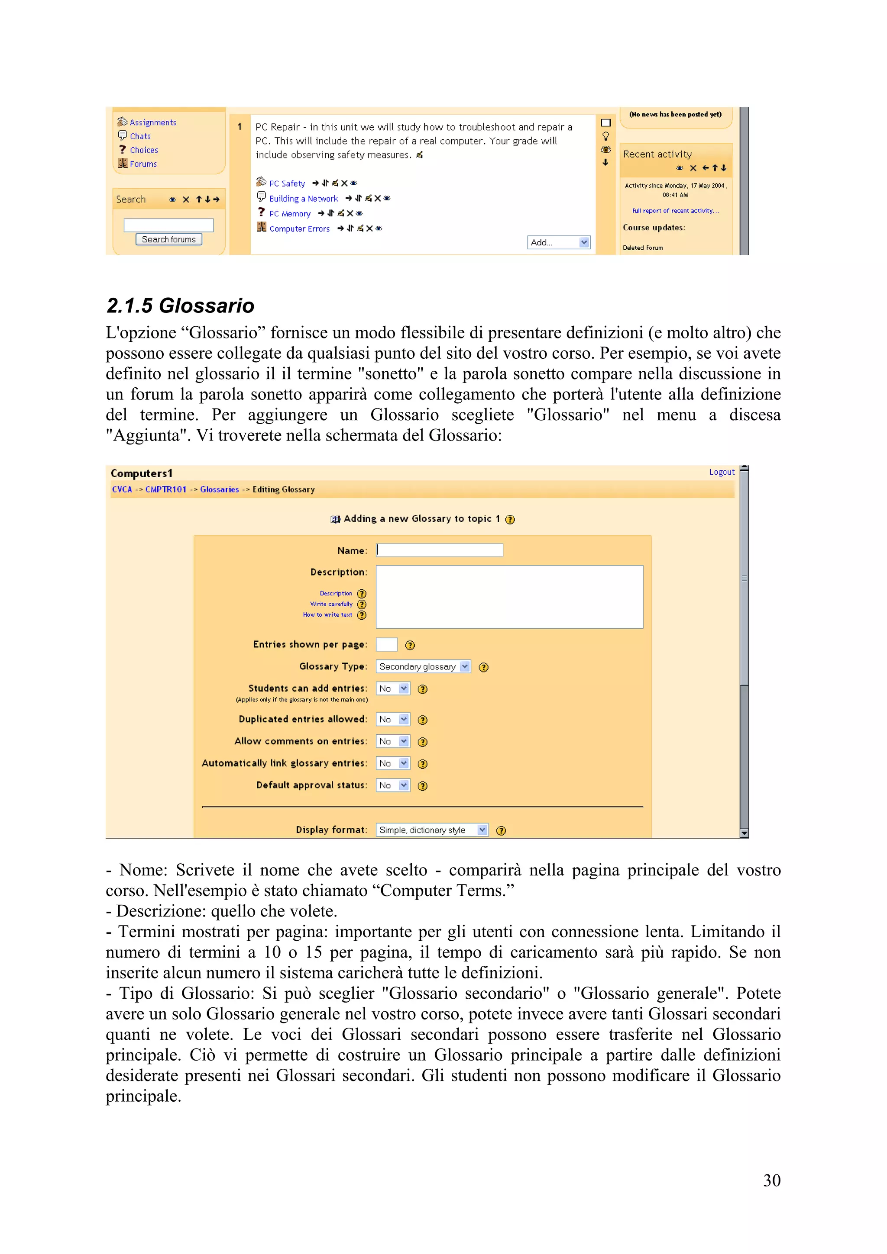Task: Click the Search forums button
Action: click(168, 239)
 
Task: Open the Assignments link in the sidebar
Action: click(152, 122)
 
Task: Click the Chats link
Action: click(140, 136)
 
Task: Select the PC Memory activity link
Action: click(290, 214)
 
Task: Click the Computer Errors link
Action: click(299, 229)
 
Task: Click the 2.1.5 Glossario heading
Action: click(180, 306)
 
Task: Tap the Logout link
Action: click(722, 472)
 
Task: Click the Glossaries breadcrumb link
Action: click(219, 489)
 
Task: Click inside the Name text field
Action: click(440, 550)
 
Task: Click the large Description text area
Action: click(509, 596)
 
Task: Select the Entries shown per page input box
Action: click(386, 644)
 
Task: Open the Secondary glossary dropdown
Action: click(422, 666)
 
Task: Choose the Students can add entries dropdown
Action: click(392, 689)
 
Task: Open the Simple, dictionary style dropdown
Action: click(432, 830)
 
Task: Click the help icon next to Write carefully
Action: click(361, 604)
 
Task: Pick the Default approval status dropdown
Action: click(392, 785)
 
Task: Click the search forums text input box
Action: click(168, 225)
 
